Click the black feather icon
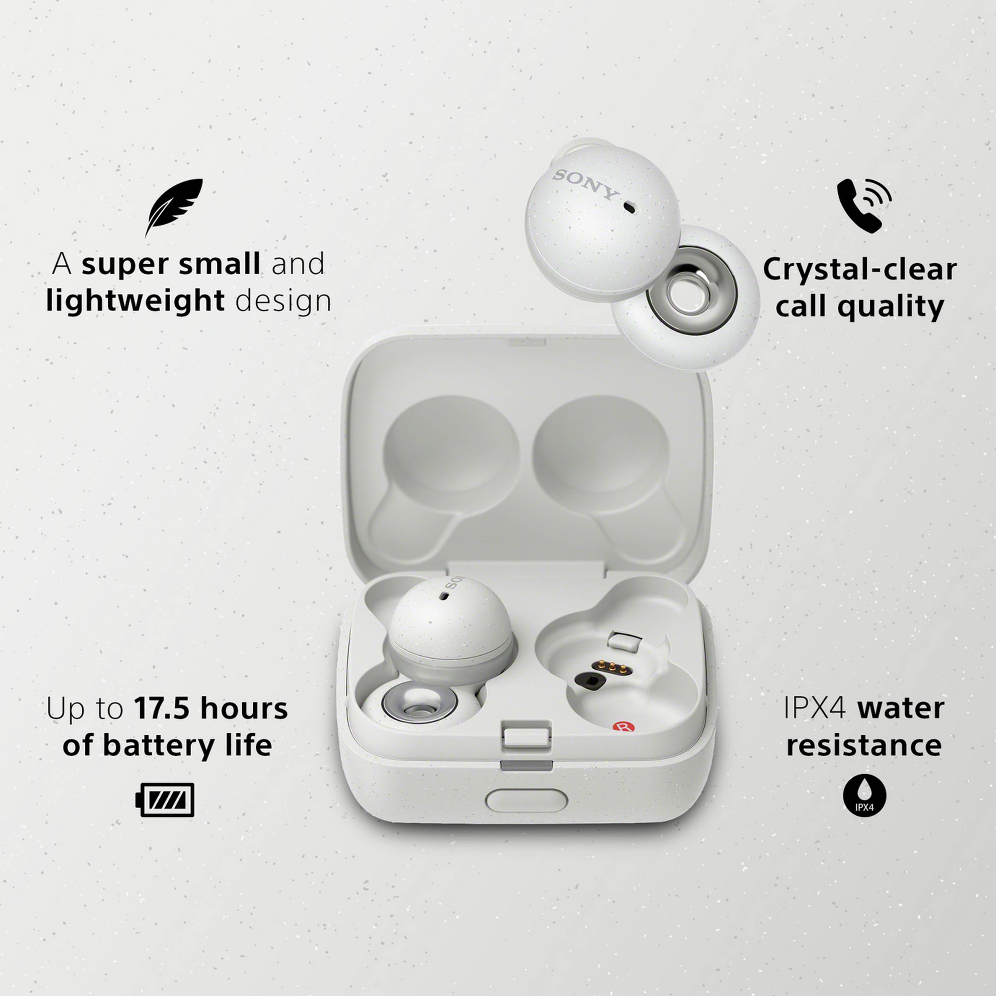click(x=174, y=206)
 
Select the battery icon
click(x=165, y=799)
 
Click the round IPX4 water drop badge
click(x=865, y=795)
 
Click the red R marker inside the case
click(x=623, y=727)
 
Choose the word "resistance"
click(x=864, y=745)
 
